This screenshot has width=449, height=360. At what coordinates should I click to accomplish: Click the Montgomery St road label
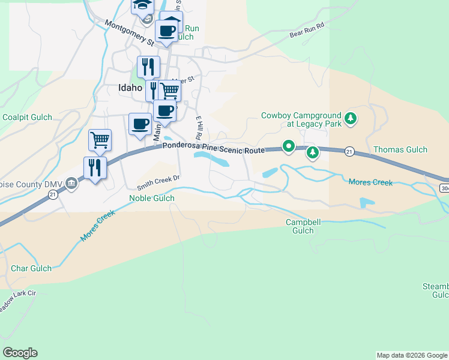pyautogui.click(x=129, y=32)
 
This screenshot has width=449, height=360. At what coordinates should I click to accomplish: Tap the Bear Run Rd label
pyautogui.click(x=306, y=30)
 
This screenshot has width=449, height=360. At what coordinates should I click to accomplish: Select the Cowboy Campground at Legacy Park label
pyautogui.click(x=301, y=119)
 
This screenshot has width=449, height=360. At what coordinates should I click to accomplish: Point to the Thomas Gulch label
pyautogui.click(x=400, y=149)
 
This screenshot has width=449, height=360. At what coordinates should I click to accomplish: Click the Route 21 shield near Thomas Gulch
pyautogui.click(x=349, y=152)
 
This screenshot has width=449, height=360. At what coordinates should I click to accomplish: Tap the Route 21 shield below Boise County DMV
pyautogui.click(x=53, y=194)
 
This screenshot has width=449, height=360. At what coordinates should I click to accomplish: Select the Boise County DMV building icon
pyautogui.click(x=71, y=183)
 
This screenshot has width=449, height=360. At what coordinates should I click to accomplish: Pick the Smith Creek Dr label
pyautogui.click(x=158, y=179)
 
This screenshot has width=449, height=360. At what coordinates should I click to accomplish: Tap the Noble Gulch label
pyautogui.click(x=152, y=198)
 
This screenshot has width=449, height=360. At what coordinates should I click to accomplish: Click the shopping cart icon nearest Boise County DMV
pyautogui.click(x=100, y=140)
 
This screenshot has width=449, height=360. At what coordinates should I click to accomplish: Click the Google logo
pyautogui.click(x=20, y=353)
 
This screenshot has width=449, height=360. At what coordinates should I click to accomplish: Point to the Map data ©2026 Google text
pyautogui.click(x=412, y=355)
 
